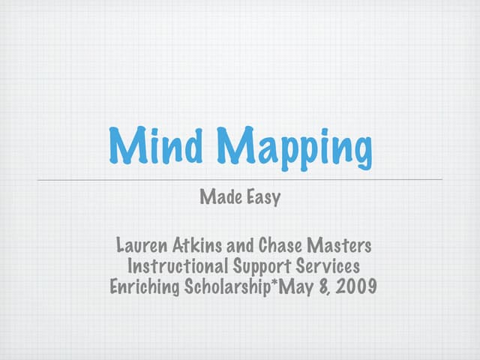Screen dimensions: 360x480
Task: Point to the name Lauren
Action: [143, 245]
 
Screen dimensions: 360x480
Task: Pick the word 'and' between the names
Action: [244, 245]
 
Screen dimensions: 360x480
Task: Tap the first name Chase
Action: [280, 245]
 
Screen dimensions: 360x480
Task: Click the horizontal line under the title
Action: [240, 180]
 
